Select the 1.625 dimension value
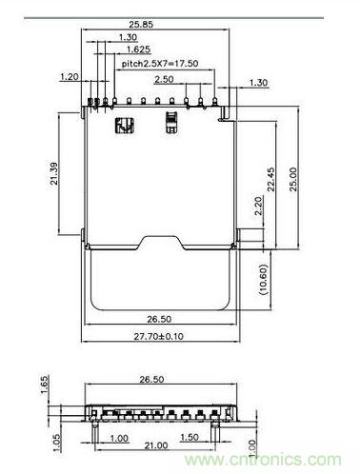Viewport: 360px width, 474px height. click(x=135, y=49)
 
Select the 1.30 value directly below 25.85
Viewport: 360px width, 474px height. click(x=128, y=36)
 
